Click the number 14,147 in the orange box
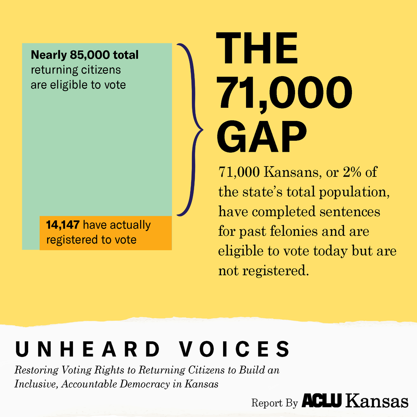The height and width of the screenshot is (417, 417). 63,225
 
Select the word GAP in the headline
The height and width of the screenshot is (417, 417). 262,137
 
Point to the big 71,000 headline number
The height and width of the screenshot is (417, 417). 284,93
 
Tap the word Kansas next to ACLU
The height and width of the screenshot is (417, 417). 377,401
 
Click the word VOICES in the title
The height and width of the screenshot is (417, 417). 235,349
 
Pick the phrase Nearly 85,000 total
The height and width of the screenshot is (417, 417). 84,55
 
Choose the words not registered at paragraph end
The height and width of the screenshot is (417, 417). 263,271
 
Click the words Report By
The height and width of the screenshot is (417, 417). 275,403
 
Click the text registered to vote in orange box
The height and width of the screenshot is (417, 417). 91,240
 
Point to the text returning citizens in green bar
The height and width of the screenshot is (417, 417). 76,70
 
